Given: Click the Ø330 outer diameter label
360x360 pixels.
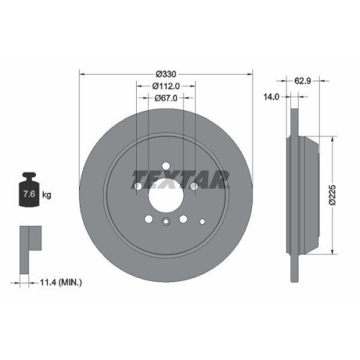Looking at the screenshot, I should coord(166,73).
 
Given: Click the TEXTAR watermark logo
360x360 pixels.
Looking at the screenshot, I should coord(180,178).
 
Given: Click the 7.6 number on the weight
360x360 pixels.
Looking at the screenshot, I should coord(28,195).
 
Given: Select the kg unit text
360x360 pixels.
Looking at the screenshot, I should coord(47,195).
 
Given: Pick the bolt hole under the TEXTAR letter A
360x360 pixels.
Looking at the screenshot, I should coord(194,186).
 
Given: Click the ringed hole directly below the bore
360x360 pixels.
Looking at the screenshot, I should coord(166,222).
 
